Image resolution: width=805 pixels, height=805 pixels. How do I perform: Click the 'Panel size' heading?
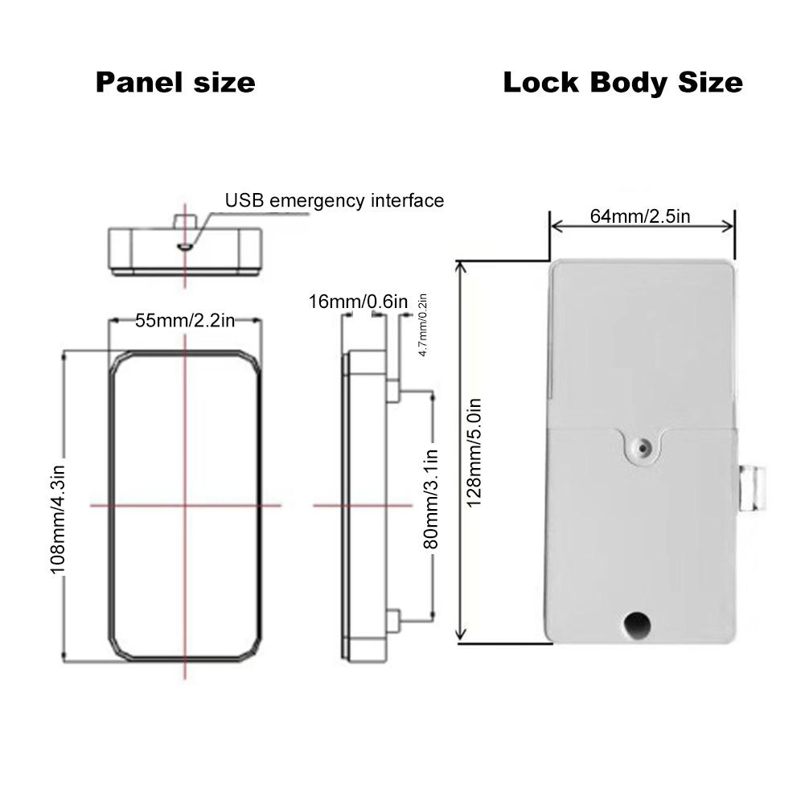(x=175, y=83)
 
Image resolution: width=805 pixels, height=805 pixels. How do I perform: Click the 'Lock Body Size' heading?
(x=622, y=83)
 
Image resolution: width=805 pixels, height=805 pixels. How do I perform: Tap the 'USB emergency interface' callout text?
(x=335, y=200)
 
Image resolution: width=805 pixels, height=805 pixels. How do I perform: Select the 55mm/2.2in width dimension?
(x=185, y=320)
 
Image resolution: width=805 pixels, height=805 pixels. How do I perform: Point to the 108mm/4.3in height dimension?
(x=58, y=520)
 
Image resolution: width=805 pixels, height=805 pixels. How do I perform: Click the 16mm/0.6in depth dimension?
(x=358, y=302)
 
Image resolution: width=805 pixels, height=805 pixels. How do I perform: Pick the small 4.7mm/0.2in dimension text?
(x=422, y=325)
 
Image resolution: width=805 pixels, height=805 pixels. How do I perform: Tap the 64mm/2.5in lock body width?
(x=639, y=216)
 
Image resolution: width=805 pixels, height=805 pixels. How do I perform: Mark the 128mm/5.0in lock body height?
(x=474, y=453)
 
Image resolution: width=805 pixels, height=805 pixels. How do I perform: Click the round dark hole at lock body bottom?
(x=638, y=625)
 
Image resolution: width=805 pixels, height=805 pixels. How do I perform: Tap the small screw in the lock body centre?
(x=643, y=448)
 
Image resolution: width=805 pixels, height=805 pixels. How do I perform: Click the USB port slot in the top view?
(x=185, y=248)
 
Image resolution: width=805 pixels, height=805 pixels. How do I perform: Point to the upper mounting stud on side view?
(x=392, y=391)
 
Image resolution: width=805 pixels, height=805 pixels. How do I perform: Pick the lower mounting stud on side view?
(x=392, y=622)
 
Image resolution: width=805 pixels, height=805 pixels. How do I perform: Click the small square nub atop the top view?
(x=185, y=222)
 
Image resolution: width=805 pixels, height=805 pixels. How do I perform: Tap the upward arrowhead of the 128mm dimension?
(x=461, y=267)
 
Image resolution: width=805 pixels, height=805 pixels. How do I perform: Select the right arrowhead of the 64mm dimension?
(x=729, y=227)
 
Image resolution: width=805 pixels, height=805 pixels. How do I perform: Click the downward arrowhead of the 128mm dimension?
(x=461, y=635)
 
